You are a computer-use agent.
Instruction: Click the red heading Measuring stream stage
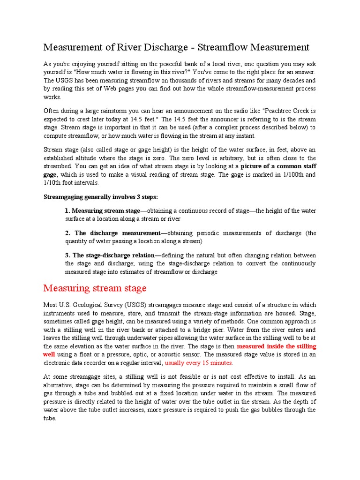point(95,288)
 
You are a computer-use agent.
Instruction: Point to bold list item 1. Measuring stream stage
point(103,210)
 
